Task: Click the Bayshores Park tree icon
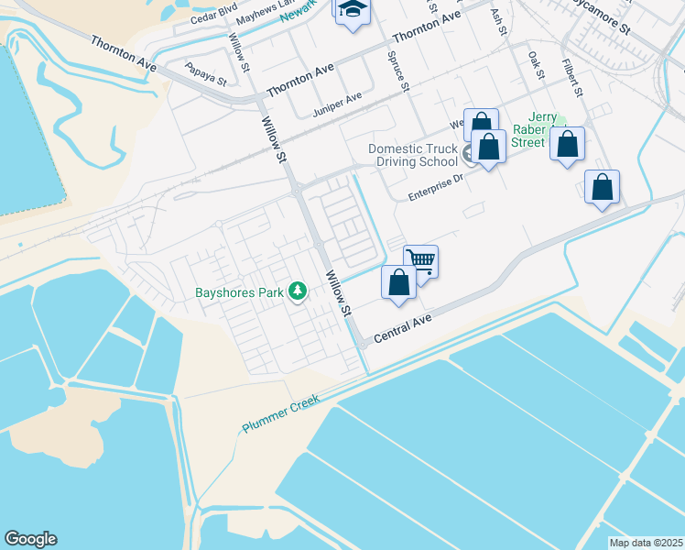tap(297, 291)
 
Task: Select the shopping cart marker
tap(420, 261)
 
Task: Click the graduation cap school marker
tap(351, 11)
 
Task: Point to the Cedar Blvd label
tap(212, 14)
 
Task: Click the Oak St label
tap(536, 64)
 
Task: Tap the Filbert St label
tap(573, 80)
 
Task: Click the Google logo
tap(30, 539)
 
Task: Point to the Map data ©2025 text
tap(647, 542)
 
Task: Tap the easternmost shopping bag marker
tap(602, 187)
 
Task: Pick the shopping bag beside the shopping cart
tap(398, 282)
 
